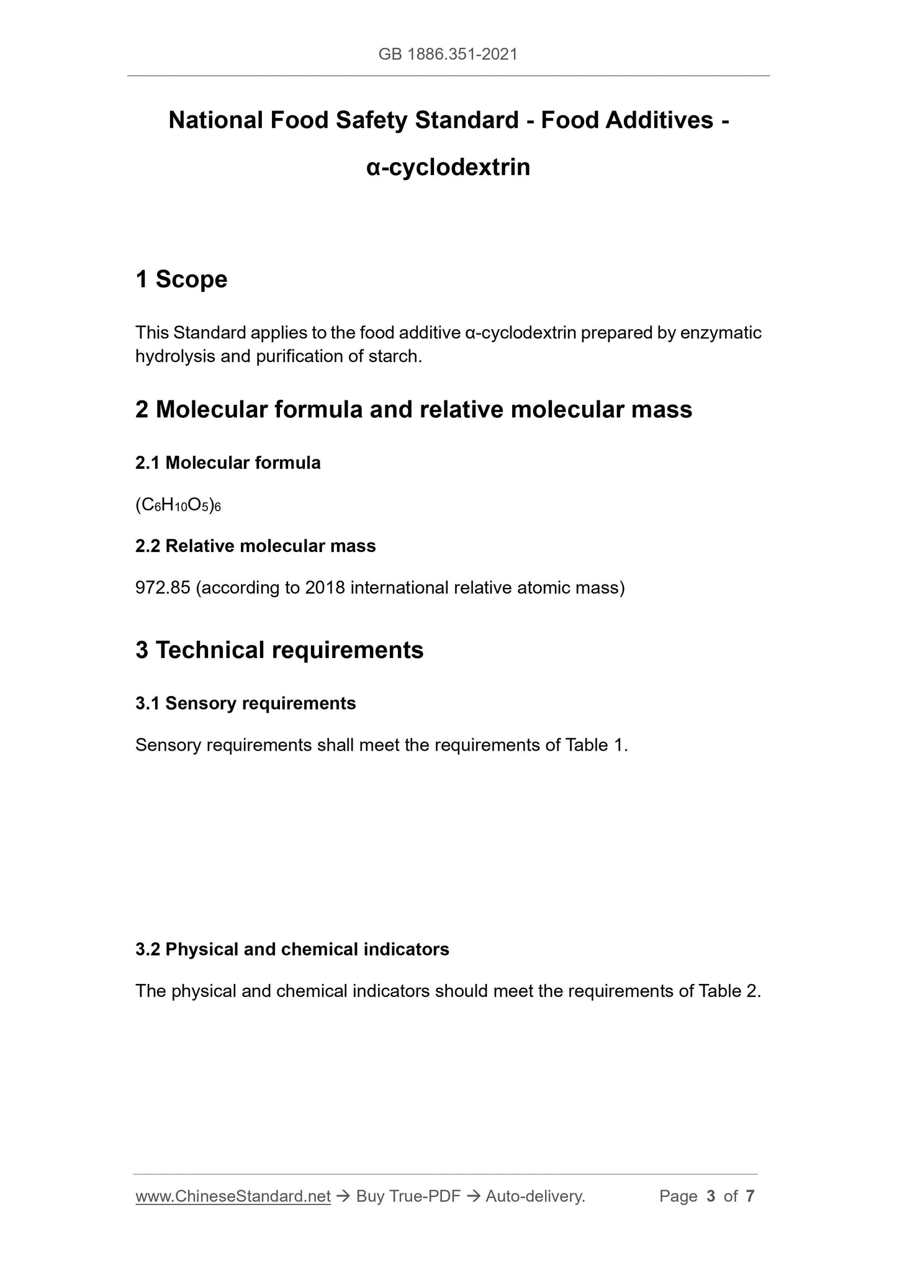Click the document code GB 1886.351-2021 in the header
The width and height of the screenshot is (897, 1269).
click(x=448, y=55)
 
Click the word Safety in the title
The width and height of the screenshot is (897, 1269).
click(x=372, y=120)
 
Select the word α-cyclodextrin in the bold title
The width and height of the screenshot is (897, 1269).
click(x=448, y=168)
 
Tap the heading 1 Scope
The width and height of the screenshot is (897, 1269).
click(x=181, y=279)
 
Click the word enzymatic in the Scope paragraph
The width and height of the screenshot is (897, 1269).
click(x=721, y=333)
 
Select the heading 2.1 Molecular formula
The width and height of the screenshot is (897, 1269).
click(x=228, y=463)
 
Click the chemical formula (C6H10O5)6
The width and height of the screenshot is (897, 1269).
click(x=178, y=506)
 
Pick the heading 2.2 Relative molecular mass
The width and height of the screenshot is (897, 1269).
click(x=255, y=546)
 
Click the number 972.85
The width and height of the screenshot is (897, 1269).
click(x=163, y=588)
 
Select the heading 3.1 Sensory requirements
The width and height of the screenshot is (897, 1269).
click(x=245, y=703)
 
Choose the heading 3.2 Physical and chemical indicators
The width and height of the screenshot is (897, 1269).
click(x=292, y=949)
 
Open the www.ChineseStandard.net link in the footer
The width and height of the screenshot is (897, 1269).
click(x=233, y=1196)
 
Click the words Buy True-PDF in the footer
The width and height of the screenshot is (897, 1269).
click(x=408, y=1196)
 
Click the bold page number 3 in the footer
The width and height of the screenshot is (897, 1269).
click(x=711, y=1196)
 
